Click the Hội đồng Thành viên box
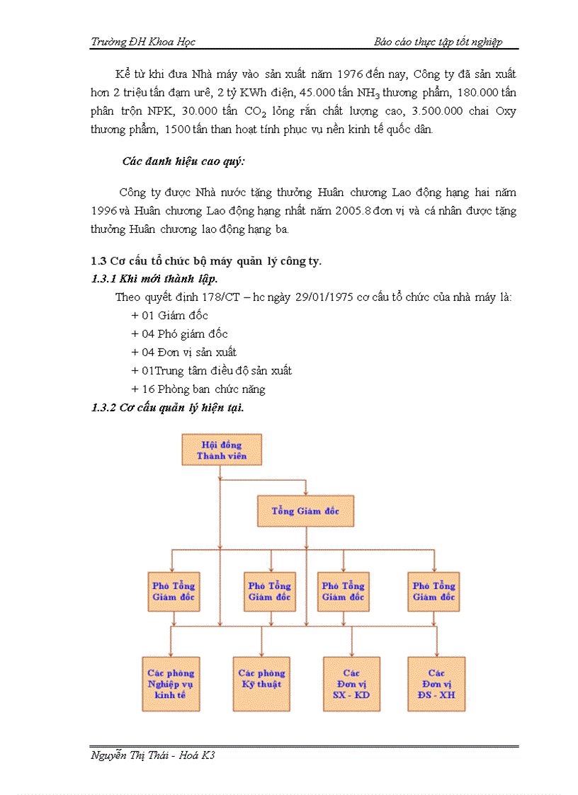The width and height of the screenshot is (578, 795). click(222, 450)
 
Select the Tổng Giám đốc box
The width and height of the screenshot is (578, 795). click(305, 510)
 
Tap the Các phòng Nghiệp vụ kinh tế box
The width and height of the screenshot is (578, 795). click(171, 684)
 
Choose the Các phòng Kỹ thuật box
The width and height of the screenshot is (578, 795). click(261, 684)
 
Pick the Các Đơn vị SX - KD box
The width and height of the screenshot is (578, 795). click(351, 684)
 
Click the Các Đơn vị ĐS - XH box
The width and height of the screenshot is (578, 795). click(436, 684)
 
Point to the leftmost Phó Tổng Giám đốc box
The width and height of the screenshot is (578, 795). click(174, 591)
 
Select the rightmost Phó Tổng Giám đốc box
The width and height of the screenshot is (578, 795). click(434, 591)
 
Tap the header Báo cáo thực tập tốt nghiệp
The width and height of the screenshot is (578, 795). click(438, 42)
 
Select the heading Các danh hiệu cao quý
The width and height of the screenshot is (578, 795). click(183, 161)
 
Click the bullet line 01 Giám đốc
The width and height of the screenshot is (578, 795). click(170, 316)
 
